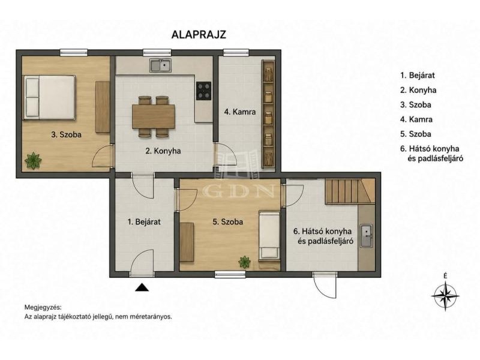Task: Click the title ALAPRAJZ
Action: point(199,34)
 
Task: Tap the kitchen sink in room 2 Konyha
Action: point(160,65)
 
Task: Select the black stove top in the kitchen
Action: point(203,91)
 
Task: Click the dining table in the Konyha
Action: point(154,116)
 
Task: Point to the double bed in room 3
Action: point(50,97)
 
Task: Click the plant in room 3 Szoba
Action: point(33,160)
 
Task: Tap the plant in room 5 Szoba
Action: point(245,262)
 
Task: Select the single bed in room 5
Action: point(269,235)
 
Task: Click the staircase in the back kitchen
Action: point(350,191)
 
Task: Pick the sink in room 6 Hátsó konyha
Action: point(366,236)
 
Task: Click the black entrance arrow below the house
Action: point(142,287)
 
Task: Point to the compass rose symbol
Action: point(445,296)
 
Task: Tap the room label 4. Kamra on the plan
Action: point(239,112)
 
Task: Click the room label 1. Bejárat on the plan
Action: point(144,221)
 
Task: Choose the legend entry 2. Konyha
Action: point(418,90)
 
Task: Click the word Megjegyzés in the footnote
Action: point(43,307)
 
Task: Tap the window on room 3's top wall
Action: point(74,53)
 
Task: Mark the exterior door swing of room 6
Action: point(325,284)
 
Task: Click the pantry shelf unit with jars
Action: point(268,113)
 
